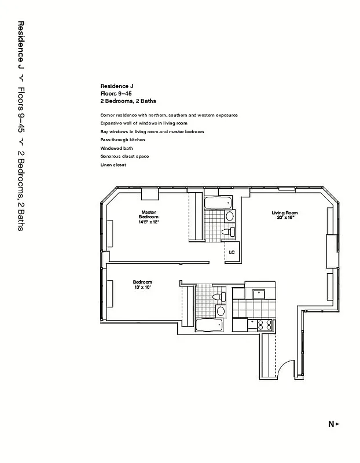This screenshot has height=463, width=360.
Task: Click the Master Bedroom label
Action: pyautogui.click(x=149, y=214)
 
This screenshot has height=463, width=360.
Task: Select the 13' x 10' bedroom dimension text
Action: pyautogui.click(x=142, y=287)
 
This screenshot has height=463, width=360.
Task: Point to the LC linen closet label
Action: pyautogui.click(x=232, y=252)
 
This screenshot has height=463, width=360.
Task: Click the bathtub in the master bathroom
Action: pyautogui.click(x=218, y=203)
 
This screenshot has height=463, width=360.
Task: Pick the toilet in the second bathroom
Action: pyautogui.click(x=218, y=297)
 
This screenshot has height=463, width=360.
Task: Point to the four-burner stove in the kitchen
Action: pyautogui.click(x=265, y=325)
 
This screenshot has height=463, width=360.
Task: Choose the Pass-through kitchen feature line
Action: pyautogui.click(x=122, y=140)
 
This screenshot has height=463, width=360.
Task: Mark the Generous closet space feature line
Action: pyautogui.click(x=124, y=156)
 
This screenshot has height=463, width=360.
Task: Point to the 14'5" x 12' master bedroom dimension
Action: pyautogui.click(x=149, y=222)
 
